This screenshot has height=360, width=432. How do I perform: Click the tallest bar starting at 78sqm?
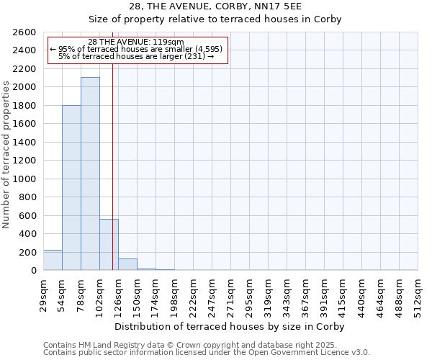point(90,174)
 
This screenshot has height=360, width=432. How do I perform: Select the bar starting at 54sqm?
point(71,187)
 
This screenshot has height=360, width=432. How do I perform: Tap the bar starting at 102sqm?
point(109,244)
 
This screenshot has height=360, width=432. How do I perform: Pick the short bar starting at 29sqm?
point(53,260)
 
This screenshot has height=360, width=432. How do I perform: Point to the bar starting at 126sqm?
point(127,264)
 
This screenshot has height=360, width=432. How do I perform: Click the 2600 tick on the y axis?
point(26,32)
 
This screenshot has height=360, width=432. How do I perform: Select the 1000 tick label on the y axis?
point(26,179)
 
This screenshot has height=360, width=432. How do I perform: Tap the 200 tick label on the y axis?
point(29,253)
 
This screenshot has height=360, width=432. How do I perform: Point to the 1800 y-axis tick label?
point(26,106)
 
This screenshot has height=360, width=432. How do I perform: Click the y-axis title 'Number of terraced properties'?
point(6,155)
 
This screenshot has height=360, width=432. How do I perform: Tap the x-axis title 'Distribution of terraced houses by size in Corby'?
point(230,326)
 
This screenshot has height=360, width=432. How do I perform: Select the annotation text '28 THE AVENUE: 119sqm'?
point(136,42)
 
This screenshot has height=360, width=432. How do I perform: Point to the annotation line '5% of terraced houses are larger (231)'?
point(136,56)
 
